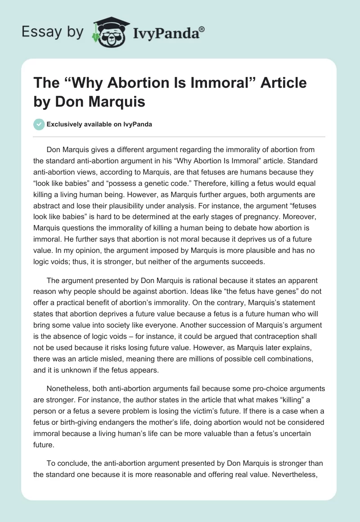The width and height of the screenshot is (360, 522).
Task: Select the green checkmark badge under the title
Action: [40, 124]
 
